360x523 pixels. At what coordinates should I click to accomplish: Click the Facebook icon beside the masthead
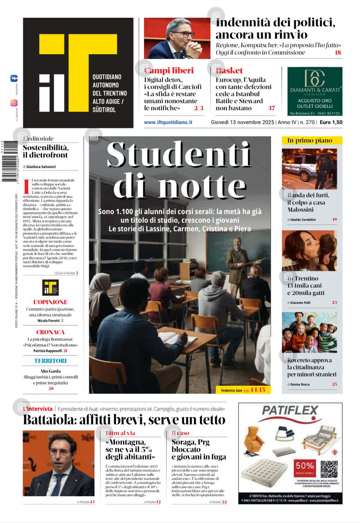point(14,79)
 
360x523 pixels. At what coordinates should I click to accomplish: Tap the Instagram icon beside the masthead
point(14,103)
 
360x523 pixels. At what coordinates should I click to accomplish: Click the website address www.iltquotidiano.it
point(168,122)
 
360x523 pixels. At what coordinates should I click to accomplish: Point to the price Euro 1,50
point(331,122)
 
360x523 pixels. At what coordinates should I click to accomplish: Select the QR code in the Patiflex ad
point(329,469)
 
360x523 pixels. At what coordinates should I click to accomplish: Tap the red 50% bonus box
point(305,468)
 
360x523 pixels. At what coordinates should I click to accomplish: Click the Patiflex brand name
point(290,410)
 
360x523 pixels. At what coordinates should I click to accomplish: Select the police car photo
point(309,169)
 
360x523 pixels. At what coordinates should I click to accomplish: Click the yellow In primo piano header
point(312,140)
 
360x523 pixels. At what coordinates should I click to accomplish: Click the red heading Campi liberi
point(170,70)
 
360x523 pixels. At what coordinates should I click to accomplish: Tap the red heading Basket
point(230,70)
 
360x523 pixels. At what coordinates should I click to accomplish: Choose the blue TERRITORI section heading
point(50,360)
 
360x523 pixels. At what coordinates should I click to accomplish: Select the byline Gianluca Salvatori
point(41,167)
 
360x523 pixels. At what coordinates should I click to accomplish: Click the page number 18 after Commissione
point(338,53)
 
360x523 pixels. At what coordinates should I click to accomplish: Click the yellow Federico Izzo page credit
point(243,390)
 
